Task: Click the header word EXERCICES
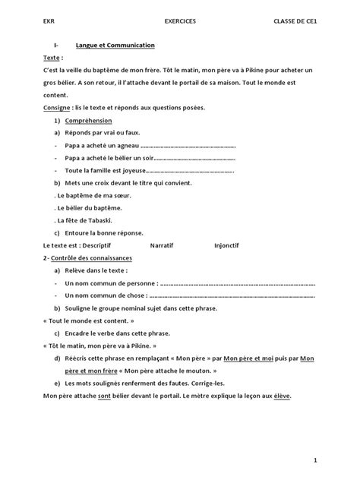coord(179,21)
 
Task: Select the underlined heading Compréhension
coord(88,121)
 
